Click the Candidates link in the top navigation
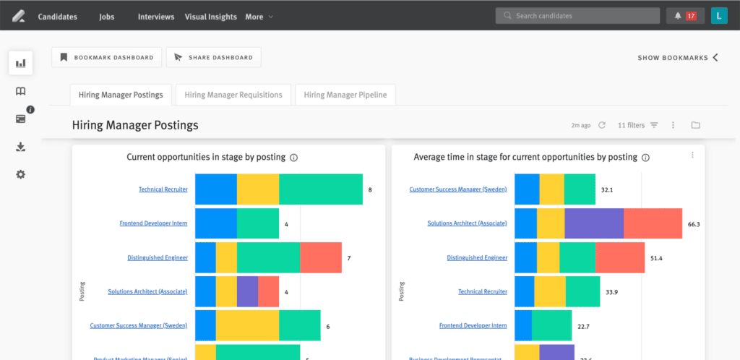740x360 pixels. point(57,17)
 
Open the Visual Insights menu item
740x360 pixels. point(210,17)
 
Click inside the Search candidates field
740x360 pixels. point(578,16)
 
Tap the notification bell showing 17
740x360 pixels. point(684,16)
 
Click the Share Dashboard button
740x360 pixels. point(213,57)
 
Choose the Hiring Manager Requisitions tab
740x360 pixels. point(233,95)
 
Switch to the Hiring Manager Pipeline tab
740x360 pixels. point(345,95)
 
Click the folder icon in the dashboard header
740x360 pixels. point(695,125)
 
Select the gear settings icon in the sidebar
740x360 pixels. point(21,174)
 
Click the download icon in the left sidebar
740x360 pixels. point(21,147)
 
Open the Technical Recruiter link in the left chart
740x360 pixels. point(163,189)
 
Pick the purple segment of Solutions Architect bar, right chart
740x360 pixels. point(593,223)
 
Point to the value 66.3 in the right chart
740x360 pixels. point(694,224)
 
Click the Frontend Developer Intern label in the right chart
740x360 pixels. point(473,326)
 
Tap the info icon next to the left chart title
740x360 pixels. point(293,157)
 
